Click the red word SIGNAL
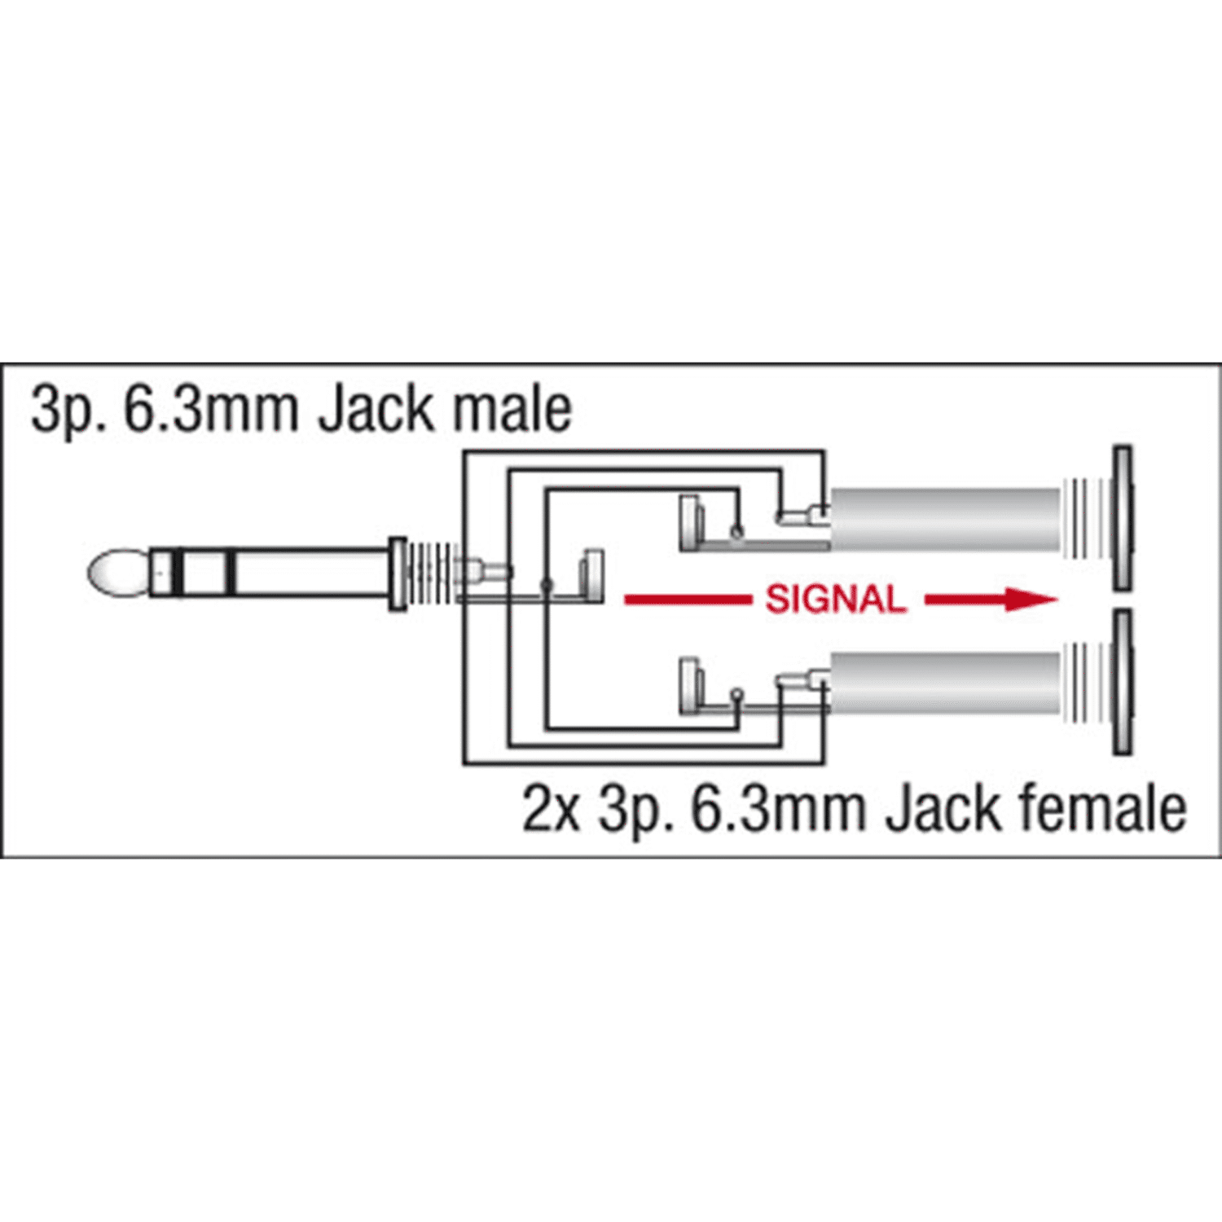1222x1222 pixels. pyautogui.click(x=835, y=600)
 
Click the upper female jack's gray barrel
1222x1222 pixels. pyautogui.click(x=945, y=520)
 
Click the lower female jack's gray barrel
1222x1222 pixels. pyautogui.click(x=945, y=683)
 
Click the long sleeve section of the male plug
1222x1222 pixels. pyautogui.click(x=313, y=574)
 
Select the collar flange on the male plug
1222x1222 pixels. pyautogui.click(x=398, y=574)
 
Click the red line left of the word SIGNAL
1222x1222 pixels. pyautogui.click(x=687, y=600)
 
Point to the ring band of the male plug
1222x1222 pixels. pyautogui.click(x=204, y=574)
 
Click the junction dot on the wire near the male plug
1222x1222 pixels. pyautogui.click(x=547, y=585)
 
